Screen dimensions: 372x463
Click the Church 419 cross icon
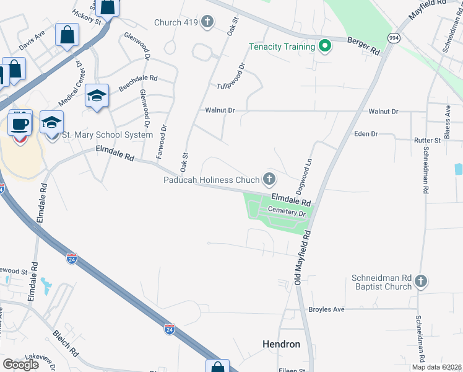[207, 23]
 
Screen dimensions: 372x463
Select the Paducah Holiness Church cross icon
[269, 180]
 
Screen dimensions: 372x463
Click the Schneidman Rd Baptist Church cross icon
[420, 281]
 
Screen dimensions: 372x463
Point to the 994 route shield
[394, 38]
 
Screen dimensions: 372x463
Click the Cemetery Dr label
[288, 213]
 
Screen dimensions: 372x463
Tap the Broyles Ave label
[326, 309]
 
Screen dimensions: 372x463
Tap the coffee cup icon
[20, 123]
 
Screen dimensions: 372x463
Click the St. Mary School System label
[108, 135]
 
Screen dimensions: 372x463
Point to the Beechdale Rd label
[138, 84]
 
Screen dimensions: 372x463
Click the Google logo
[20, 365]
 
